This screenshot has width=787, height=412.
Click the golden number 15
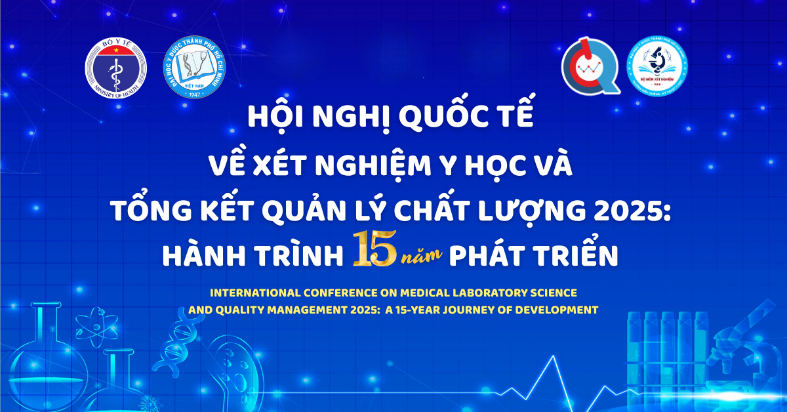[x=374, y=252]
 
